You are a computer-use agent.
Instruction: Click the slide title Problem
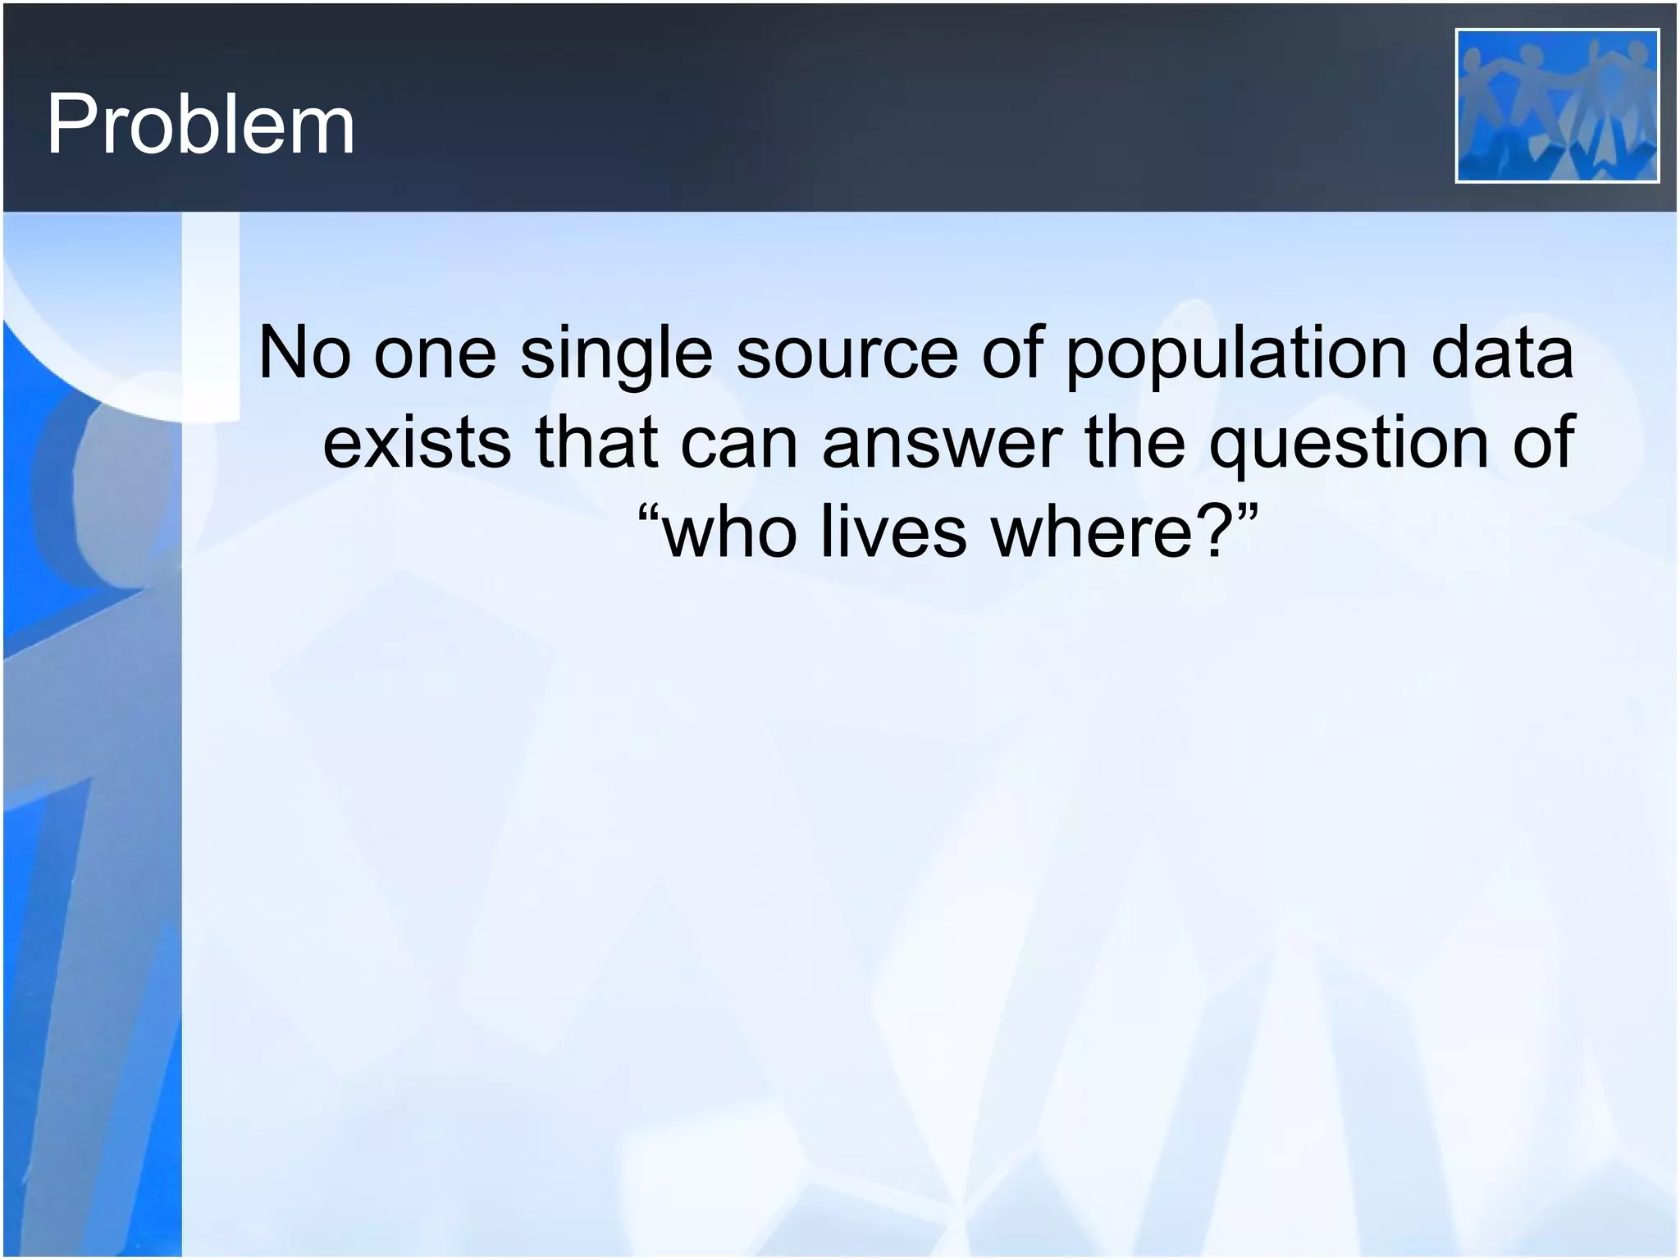pyautogui.click(x=200, y=125)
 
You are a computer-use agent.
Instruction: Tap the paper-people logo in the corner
pyautogui.click(x=1556, y=105)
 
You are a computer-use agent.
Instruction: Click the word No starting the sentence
pyautogui.click(x=304, y=353)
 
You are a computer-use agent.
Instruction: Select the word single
pyautogui.click(x=616, y=354)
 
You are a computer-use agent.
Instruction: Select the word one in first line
pyautogui.click(x=435, y=354)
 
